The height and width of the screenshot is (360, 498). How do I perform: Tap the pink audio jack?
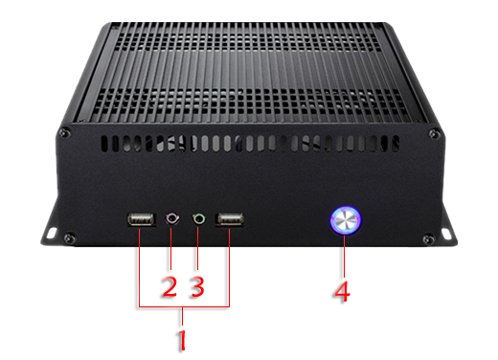point(172,219)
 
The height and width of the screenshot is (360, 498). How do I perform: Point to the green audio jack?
point(199,219)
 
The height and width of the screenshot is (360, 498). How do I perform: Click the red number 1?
point(183,339)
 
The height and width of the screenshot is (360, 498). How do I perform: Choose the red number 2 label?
point(169,285)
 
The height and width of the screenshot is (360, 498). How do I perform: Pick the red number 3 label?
point(198,285)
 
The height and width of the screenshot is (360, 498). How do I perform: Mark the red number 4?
point(342,288)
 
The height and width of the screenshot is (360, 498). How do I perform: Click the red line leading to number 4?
point(343,253)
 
